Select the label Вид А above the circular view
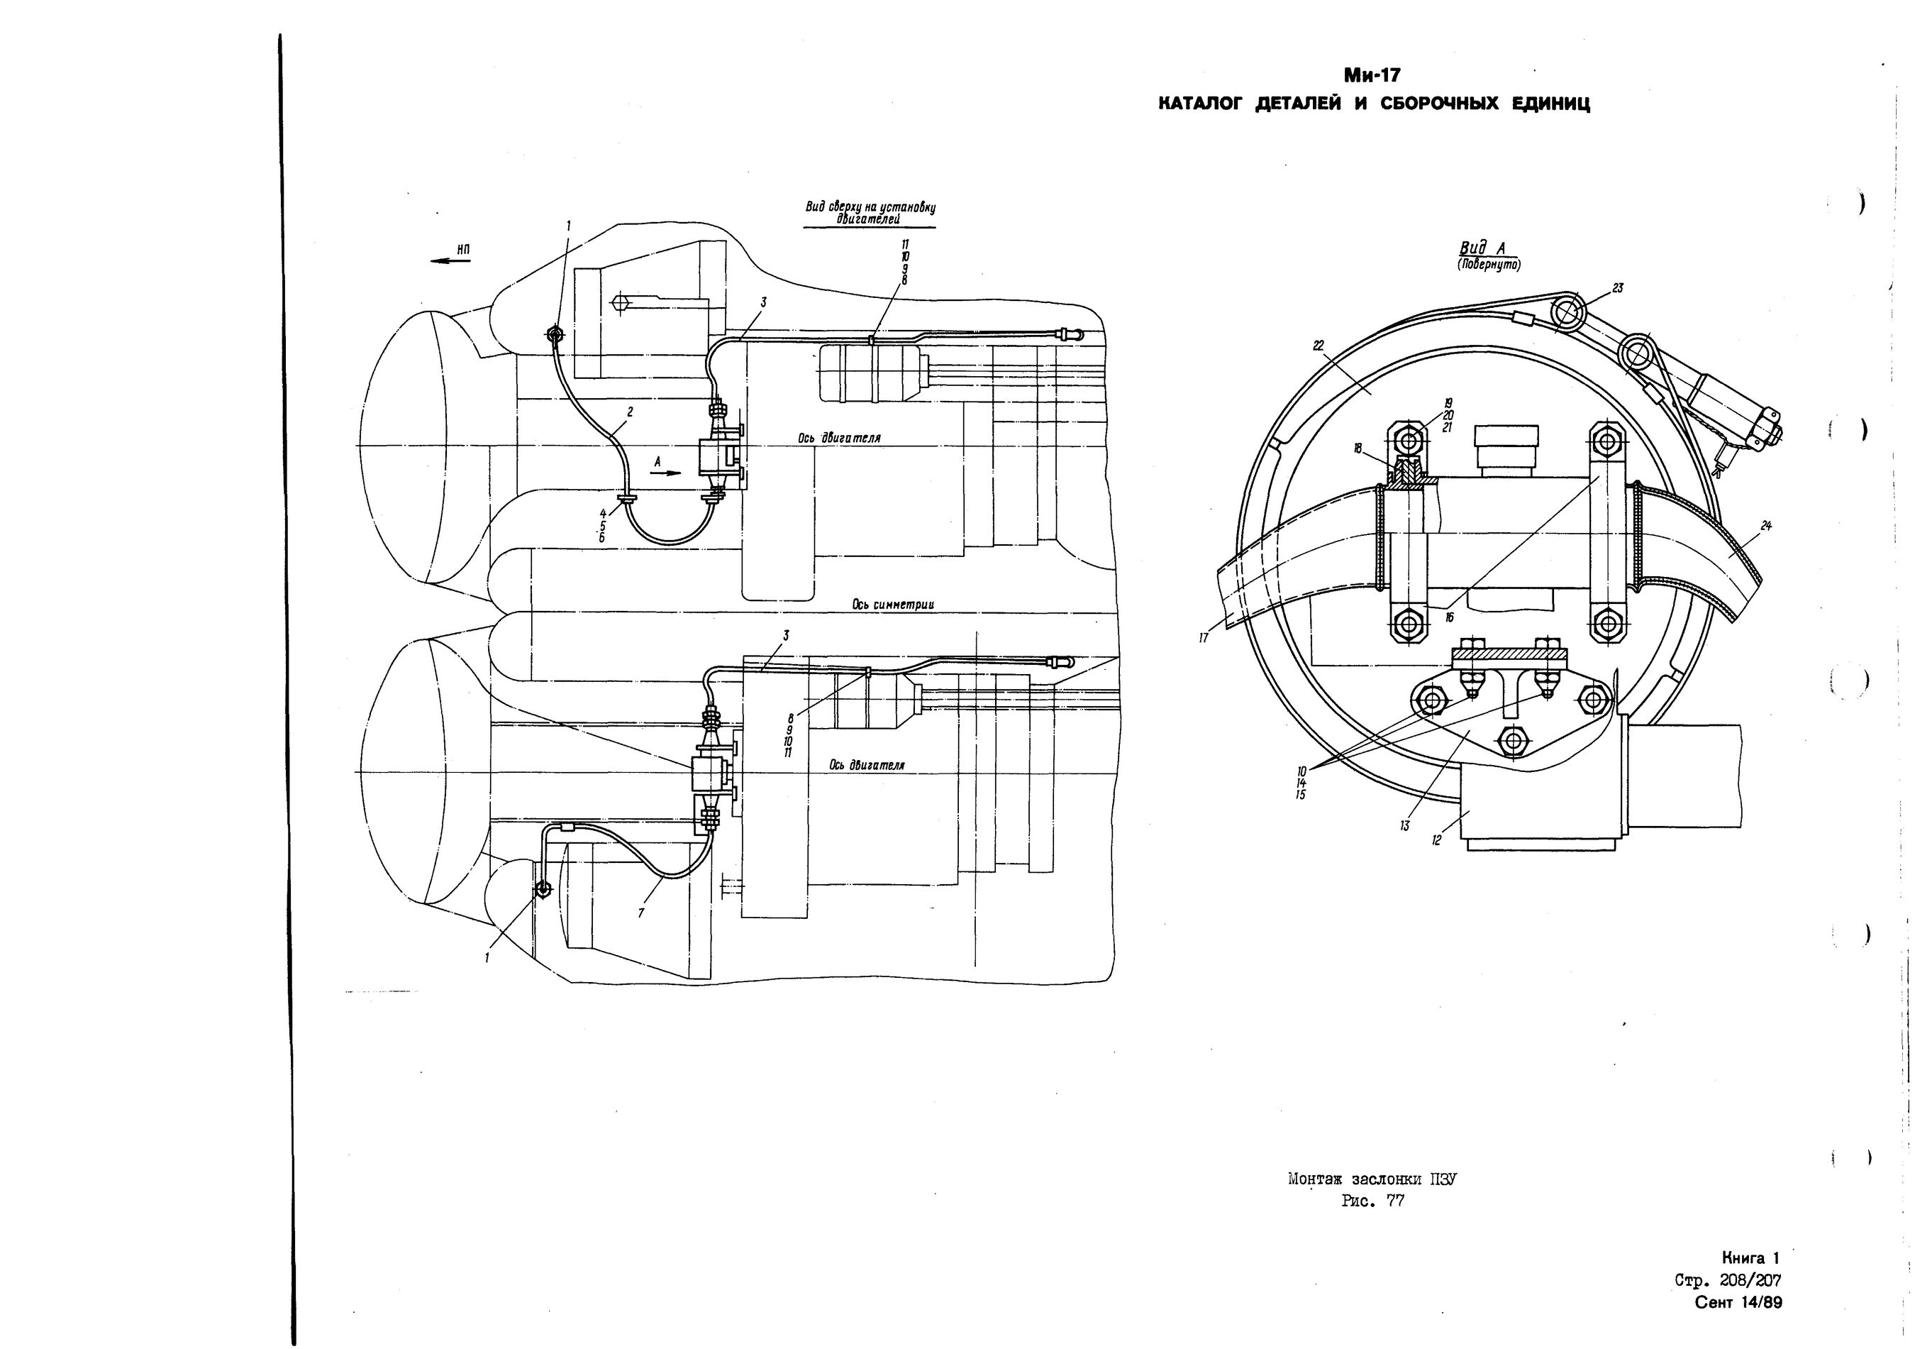(x=1487, y=248)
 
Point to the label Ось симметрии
(x=893, y=604)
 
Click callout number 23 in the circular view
(x=1617, y=288)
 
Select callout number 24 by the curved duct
(x=1766, y=526)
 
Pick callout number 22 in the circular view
(x=1318, y=346)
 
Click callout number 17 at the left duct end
(x=1204, y=638)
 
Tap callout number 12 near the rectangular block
(x=1436, y=841)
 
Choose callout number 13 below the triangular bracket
(x=1404, y=826)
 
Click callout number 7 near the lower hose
(x=640, y=913)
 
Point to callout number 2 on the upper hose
(x=630, y=412)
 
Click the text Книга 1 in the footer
(x=1750, y=1257)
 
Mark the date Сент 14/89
(x=1738, y=1302)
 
